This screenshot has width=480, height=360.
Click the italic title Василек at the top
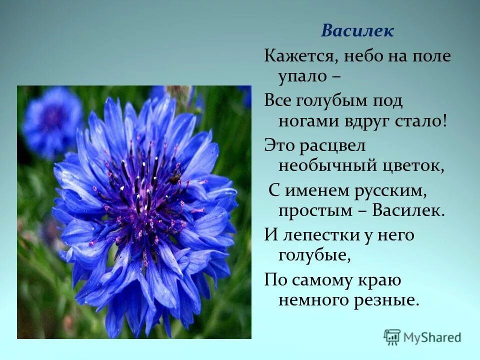[x=357, y=31]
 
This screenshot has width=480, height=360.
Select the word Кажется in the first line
[x=296, y=56]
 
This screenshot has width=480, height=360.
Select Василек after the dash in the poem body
[x=408, y=210]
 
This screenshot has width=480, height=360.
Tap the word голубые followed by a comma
[x=312, y=256]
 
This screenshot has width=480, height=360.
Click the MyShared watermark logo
[x=422, y=337]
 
